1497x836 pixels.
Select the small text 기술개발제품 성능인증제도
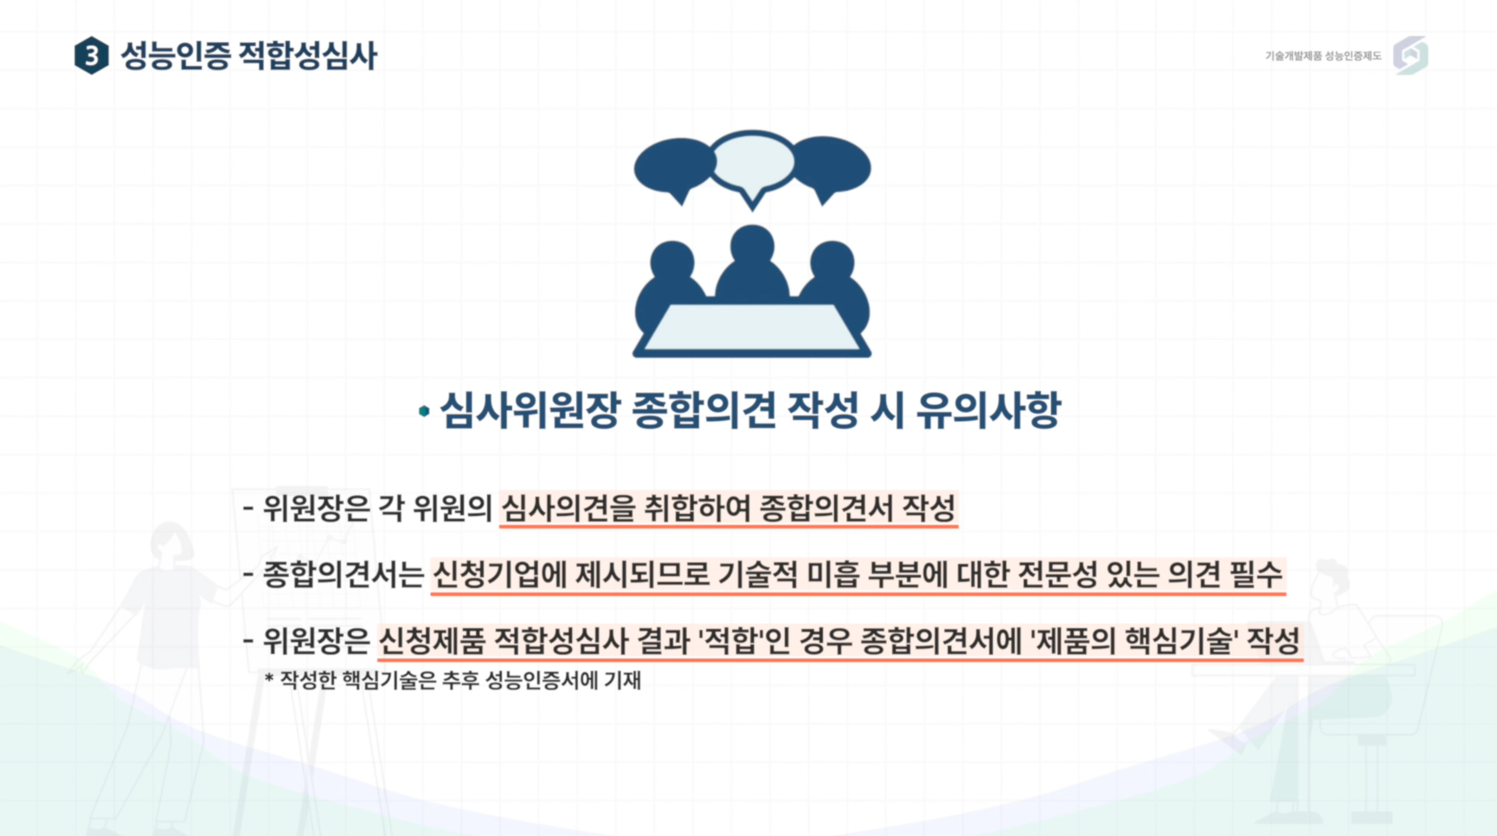click(1323, 56)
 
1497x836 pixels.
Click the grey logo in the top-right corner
click(1410, 56)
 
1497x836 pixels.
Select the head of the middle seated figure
click(753, 246)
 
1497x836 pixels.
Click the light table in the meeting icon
click(752, 328)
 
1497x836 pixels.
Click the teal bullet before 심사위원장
click(424, 411)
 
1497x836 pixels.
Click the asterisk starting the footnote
click(269, 678)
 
